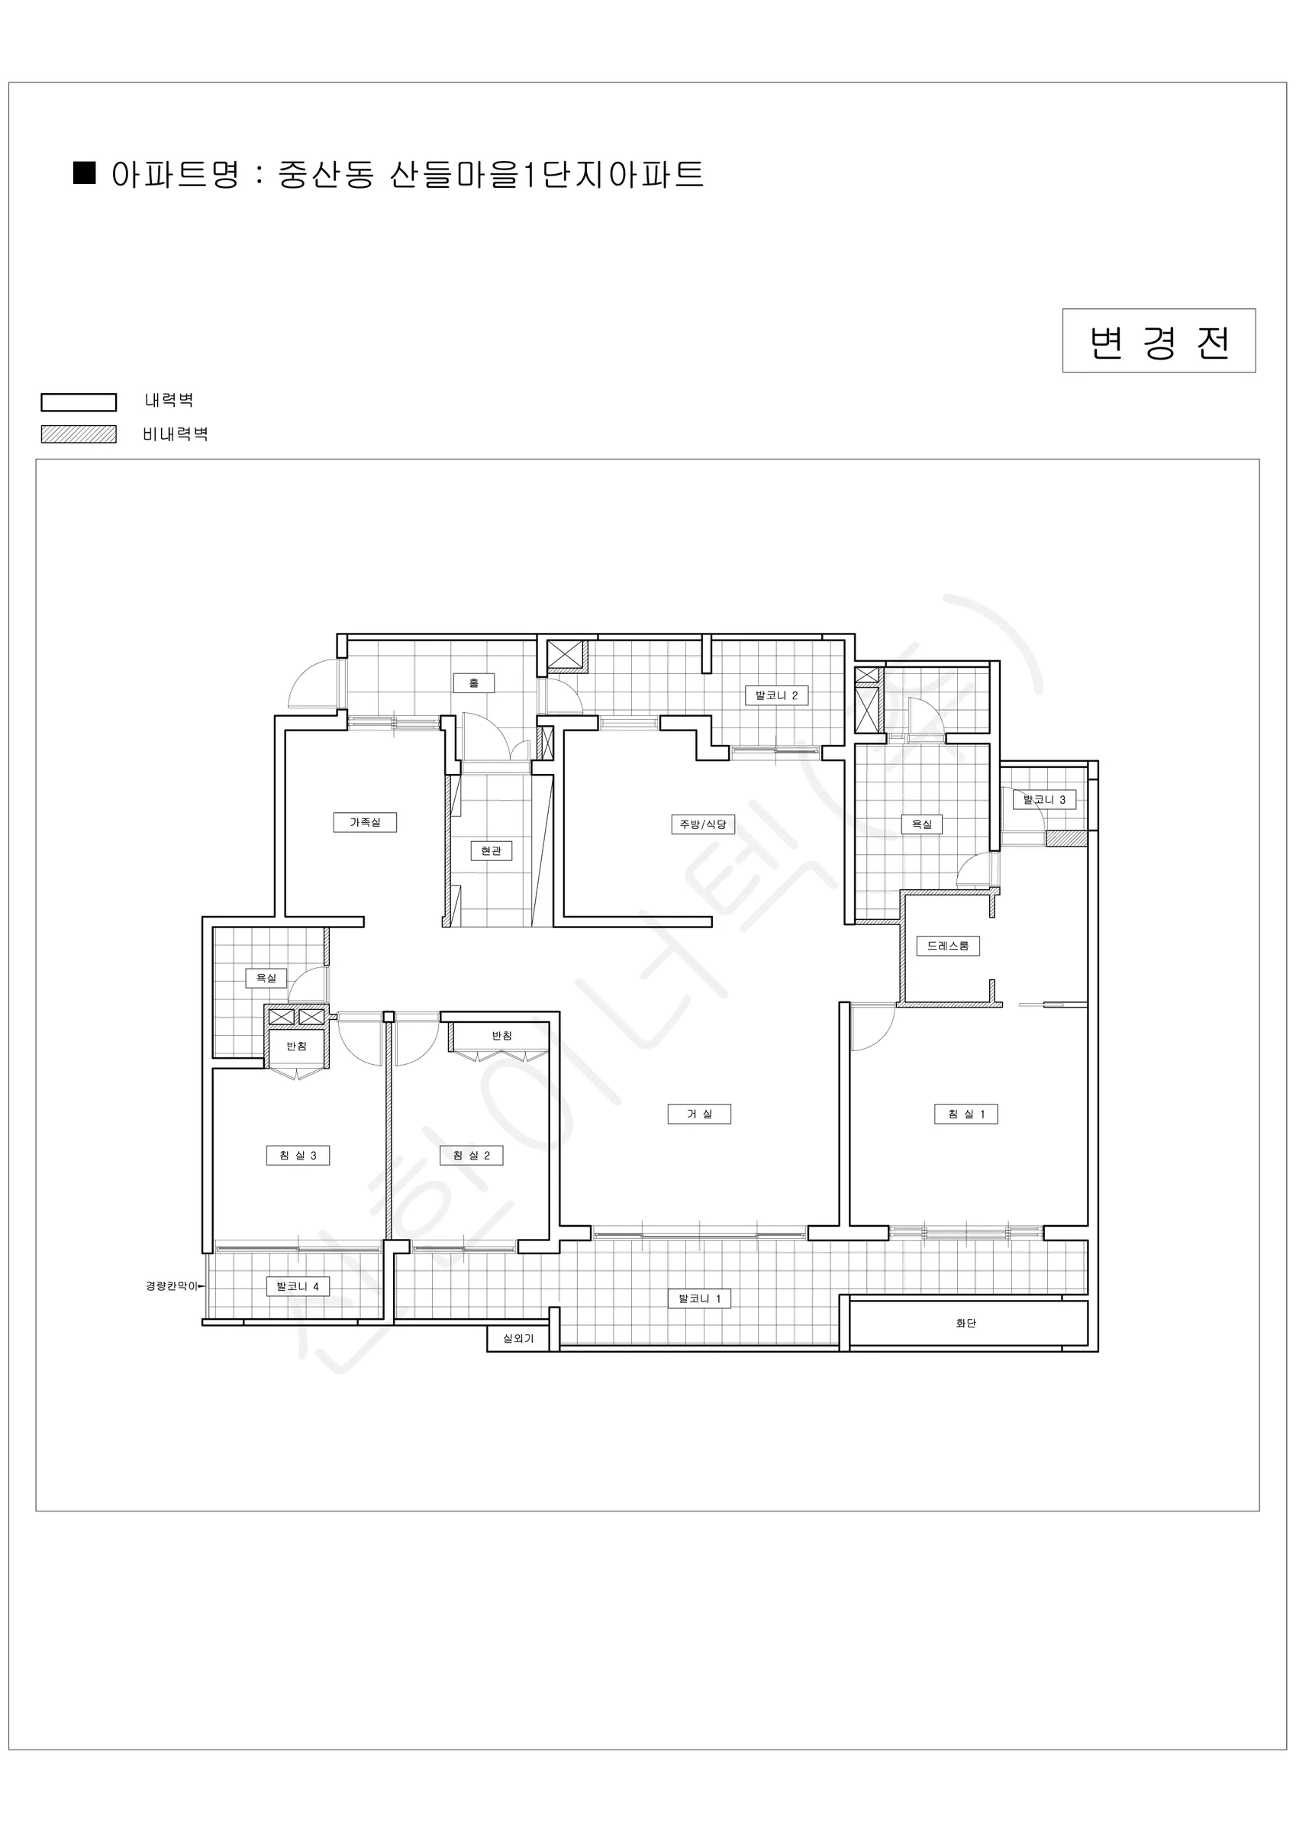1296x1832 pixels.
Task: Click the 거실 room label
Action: (x=699, y=1114)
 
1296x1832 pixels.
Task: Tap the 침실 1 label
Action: (x=966, y=1114)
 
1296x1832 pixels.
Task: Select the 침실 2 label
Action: (x=472, y=1156)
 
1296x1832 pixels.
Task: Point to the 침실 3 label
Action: (x=298, y=1156)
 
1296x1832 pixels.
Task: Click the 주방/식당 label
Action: (x=703, y=824)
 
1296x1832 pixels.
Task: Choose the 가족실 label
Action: (x=365, y=822)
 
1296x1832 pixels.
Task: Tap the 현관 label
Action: (x=491, y=851)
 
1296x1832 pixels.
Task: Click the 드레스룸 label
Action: (x=948, y=947)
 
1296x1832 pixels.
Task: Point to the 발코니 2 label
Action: (x=776, y=695)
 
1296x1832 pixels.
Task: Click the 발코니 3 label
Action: (x=1045, y=799)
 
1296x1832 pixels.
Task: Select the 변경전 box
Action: (x=1159, y=340)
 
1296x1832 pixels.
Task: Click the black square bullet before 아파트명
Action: (x=85, y=173)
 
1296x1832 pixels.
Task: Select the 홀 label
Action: (x=473, y=683)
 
